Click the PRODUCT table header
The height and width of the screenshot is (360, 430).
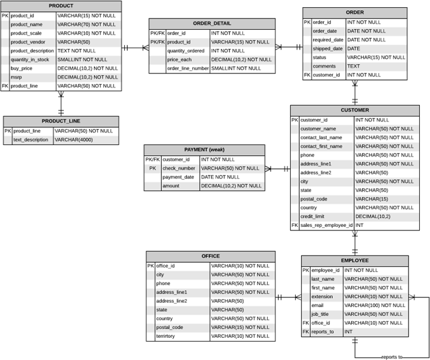point(61,6)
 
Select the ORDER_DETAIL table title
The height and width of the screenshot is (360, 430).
point(212,23)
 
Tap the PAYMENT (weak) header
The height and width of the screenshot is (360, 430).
point(204,149)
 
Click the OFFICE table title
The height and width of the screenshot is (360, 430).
point(210,256)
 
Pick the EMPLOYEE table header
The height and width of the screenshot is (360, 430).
point(355,260)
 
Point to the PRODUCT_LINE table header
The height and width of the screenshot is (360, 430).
point(61,121)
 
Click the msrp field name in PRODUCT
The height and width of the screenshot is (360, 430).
point(17,77)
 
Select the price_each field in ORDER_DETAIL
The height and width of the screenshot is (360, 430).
point(179,60)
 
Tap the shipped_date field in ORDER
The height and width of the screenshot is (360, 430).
point(327,48)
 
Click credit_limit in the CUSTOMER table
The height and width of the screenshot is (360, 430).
point(315,216)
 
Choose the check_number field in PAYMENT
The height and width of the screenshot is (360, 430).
point(179,168)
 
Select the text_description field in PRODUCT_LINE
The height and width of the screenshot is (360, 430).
point(30,140)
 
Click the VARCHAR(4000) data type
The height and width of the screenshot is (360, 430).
point(74,140)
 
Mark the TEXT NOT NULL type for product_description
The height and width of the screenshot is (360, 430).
point(76,51)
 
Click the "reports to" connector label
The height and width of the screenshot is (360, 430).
point(391,357)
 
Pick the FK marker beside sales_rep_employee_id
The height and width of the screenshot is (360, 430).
point(294,225)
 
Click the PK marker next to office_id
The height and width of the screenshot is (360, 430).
point(150,266)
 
